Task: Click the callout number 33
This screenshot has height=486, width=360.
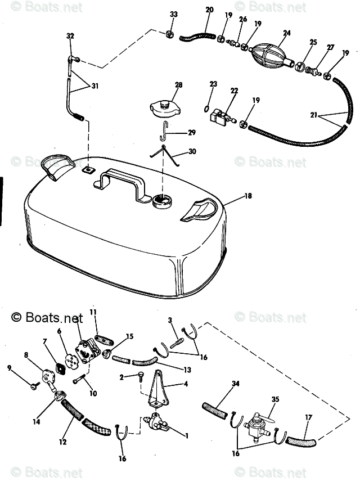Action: click(173, 14)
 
